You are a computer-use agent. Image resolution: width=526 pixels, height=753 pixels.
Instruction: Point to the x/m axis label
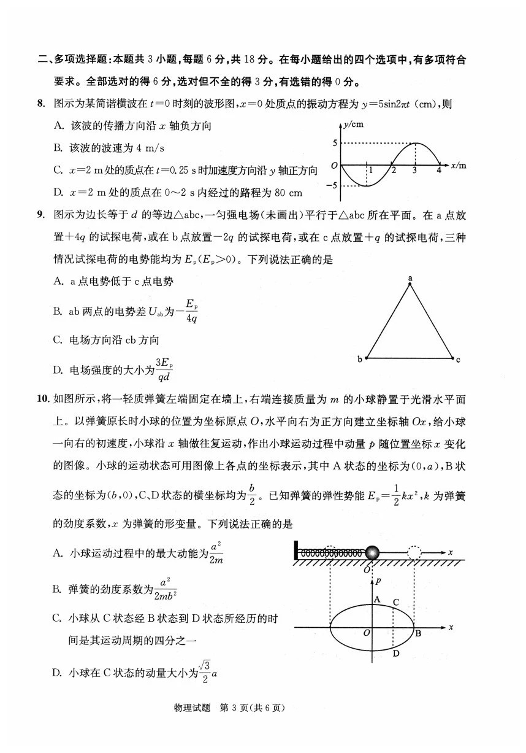(x=458, y=165)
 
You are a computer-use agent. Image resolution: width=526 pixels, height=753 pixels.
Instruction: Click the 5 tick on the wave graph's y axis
(x=335, y=144)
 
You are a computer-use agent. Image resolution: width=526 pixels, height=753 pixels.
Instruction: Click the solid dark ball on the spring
(x=372, y=553)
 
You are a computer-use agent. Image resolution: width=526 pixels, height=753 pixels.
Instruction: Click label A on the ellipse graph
(x=378, y=599)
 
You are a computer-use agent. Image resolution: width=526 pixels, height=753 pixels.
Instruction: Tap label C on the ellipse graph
(x=397, y=602)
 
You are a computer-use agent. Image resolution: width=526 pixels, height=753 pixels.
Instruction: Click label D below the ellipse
(x=396, y=653)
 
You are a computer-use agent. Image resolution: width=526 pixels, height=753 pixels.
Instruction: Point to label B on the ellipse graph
(x=418, y=634)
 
